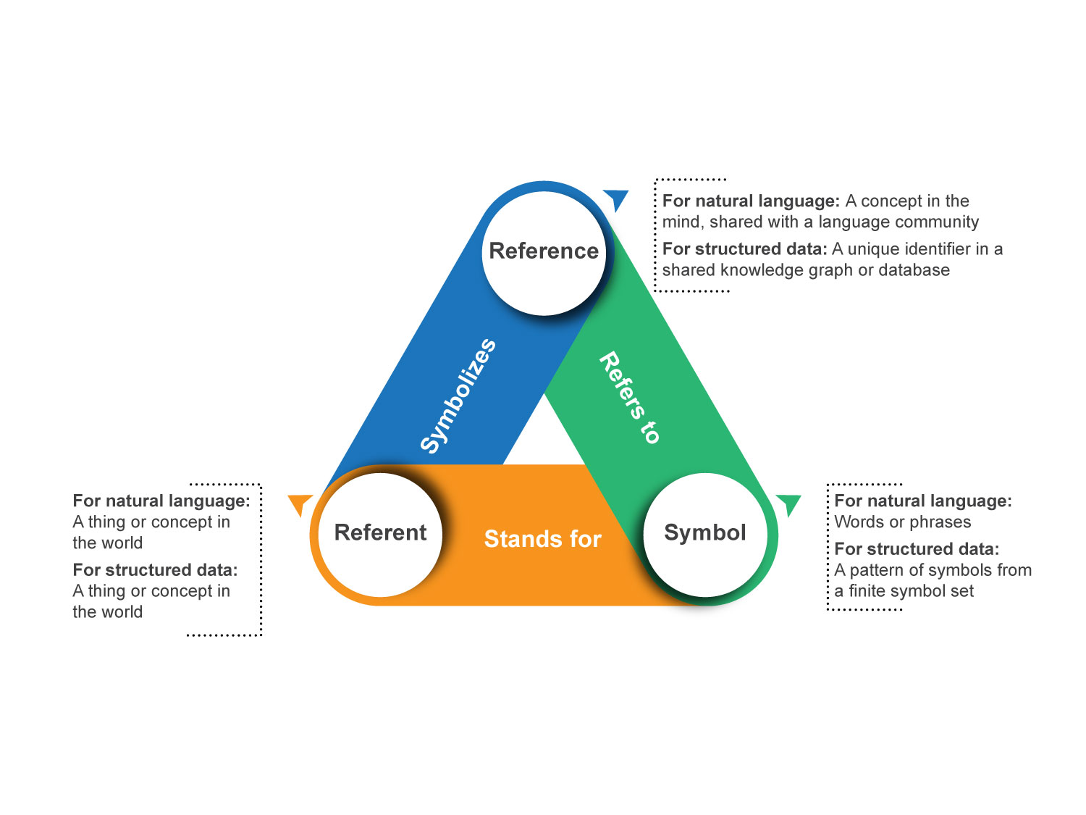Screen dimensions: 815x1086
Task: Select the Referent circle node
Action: pyautogui.click(x=380, y=534)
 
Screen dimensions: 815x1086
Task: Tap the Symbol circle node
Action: pyautogui.click(x=705, y=534)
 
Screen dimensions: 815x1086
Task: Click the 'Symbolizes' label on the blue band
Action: pyautogui.click(x=458, y=396)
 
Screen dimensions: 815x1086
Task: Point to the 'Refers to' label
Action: pyautogui.click(x=629, y=397)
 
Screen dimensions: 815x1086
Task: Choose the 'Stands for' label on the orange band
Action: pyautogui.click(x=542, y=539)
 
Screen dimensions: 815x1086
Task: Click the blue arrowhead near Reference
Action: pyautogui.click(x=616, y=198)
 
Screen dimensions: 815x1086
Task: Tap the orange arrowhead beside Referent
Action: pyautogui.click(x=300, y=502)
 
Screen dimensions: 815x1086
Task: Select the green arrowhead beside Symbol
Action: pyautogui.click(x=788, y=502)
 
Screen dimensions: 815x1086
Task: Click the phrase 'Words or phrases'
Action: pyautogui.click(x=902, y=522)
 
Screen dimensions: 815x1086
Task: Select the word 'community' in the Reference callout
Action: pyautogui.click(x=937, y=222)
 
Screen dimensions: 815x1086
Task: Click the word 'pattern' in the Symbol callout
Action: pyautogui.click(x=876, y=570)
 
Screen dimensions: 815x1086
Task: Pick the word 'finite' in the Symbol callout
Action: pyautogui.click(x=871, y=591)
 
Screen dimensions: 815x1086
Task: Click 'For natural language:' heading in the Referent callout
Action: pyautogui.click(x=161, y=501)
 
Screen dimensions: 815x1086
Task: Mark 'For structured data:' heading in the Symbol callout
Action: pyautogui.click(x=917, y=549)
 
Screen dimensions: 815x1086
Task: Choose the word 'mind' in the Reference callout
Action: pyautogui.click(x=681, y=222)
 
